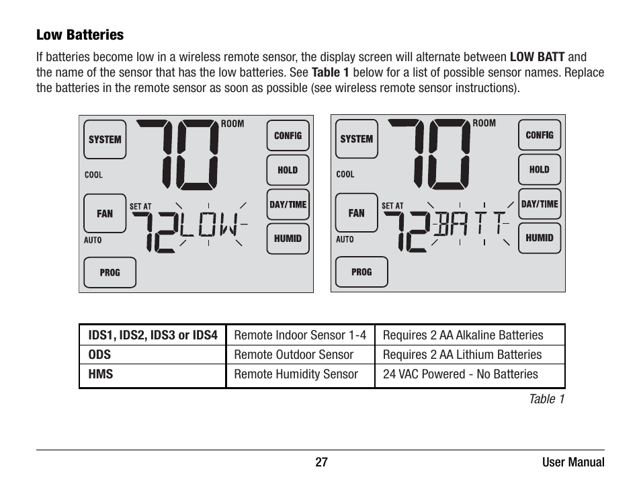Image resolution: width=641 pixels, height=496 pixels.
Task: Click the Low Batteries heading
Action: pyautogui.click(x=80, y=35)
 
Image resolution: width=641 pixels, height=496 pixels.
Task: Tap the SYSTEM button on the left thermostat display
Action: pyautogui.click(x=105, y=140)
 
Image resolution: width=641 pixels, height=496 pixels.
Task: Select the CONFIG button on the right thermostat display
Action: pyautogui.click(x=540, y=135)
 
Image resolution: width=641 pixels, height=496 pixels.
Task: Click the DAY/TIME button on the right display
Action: pyautogui.click(x=540, y=204)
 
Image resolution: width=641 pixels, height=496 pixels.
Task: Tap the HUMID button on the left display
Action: pyautogui.click(x=288, y=239)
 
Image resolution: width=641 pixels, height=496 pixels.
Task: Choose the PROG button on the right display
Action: pyautogui.click(x=361, y=272)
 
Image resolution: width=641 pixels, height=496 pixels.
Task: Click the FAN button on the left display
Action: pyautogui.click(x=105, y=214)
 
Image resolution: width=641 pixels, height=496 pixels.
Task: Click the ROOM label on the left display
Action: pyautogui.click(x=232, y=124)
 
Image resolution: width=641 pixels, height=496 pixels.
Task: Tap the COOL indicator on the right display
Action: pyautogui.click(x=345, y=175)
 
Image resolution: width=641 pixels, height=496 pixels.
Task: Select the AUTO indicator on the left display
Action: pyautogui.click(x=93, y=241)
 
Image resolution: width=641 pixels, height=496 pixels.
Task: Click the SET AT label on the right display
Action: pyautogui.click(x=392, y=206)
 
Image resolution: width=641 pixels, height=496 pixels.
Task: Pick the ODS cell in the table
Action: pyautogui.click(x=99, y=355)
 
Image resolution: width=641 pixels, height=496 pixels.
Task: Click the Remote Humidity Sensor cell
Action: pyautogui.click(x=296, y=374)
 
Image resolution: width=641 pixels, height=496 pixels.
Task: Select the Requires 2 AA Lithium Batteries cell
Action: pyautogui.click(x=462, y=355)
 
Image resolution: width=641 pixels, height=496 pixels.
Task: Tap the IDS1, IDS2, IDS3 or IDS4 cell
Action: pyautogui.click(x=153, y=335)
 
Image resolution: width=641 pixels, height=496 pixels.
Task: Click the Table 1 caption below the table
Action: pyautogui.click(x=546, y=399)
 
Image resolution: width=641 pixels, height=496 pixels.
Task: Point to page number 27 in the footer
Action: pyautogui.click(x=321, y=462)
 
